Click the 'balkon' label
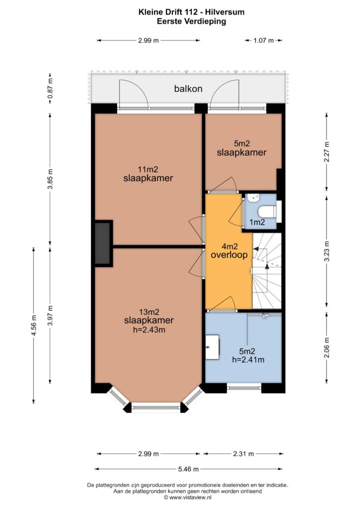click(x=188, y=88)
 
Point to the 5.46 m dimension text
click(x=188, y=469)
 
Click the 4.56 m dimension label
click(x=34, y=325)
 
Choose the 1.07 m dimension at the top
click(x=264, y=41)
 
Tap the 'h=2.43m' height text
click(x=149, y=330)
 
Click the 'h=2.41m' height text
click(x=248, y=359)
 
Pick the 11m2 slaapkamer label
click(x=148, y=174)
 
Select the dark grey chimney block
click(x=103, y=243)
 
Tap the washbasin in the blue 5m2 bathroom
click(x=212, y=347)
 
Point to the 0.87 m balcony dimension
click(x=50, y=89)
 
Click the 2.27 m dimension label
click(x=327, y=152)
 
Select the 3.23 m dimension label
click(x=327, y=252)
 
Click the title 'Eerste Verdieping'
click(x=191, y=21)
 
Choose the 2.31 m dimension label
click(x=243, y=453)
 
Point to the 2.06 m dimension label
click(x=327, y=348)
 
